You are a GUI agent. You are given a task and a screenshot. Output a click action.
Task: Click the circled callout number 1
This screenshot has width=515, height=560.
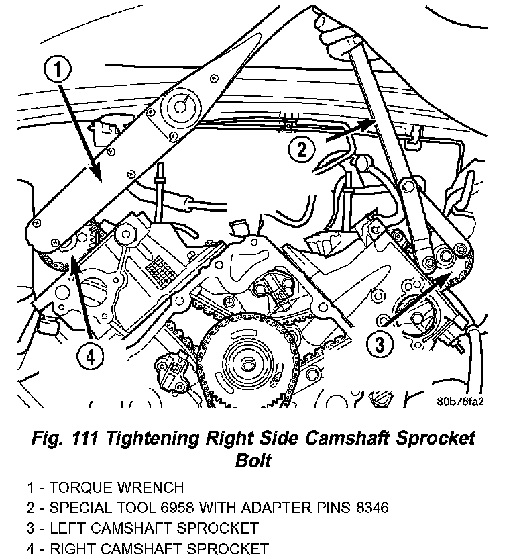[58, 69]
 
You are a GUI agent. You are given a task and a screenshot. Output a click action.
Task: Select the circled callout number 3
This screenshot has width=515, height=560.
[379, 345]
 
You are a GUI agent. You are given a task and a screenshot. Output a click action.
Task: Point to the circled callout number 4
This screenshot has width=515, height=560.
[92, 357]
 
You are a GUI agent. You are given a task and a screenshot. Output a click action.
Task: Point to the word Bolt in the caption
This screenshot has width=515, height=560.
[255, 461]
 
